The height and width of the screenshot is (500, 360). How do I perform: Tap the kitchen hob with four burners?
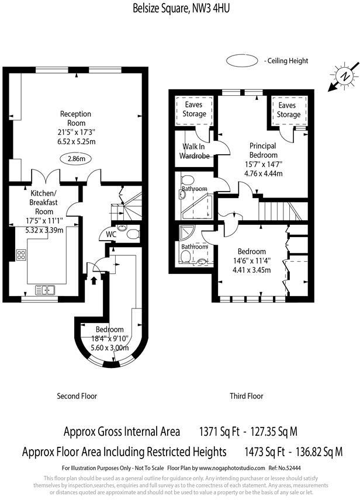tap(21, 255)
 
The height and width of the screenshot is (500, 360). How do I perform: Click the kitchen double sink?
tap(45, 289)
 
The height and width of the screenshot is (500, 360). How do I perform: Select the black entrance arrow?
tap(94, 280)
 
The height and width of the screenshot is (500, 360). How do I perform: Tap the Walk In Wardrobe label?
tap(193, 150)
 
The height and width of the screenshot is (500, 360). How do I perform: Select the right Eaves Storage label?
tap(286, 110)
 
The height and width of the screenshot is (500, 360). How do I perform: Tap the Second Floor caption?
tap(77, 396)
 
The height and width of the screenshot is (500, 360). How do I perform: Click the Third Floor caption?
tap(246, 396)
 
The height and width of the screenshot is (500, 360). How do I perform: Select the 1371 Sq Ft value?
tap(221, 432)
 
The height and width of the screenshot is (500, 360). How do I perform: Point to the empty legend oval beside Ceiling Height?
tap(243, 60)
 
